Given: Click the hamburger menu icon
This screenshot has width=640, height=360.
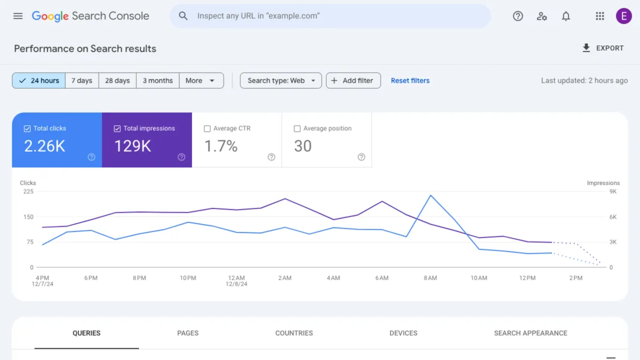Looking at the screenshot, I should (x=18, y=16).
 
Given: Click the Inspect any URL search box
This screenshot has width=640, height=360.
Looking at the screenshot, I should (x=331, y=16).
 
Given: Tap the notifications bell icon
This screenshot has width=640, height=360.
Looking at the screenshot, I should (x=566, y=16).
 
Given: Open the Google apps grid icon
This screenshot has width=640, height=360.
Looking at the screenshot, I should (x=599, y=16).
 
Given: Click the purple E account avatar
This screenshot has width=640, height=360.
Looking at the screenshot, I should (x=623, y=16).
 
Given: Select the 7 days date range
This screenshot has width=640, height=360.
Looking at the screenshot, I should (x=82, y=81).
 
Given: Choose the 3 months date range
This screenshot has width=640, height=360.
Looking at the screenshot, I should (x=158, y=81).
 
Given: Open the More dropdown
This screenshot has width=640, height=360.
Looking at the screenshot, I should (x=201, y=81).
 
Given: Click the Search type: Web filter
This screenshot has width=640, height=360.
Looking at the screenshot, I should (x=281, y=81).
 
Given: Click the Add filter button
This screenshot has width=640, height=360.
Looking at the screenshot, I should (x=353, y=81).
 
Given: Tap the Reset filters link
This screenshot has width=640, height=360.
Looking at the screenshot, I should (x=410, y=81).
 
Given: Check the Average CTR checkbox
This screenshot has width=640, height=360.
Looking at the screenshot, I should (x=207, y=129).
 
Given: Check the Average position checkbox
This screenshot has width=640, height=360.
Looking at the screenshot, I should (x=298, y=129).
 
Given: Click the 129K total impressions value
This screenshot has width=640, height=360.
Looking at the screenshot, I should (x=133, y=146).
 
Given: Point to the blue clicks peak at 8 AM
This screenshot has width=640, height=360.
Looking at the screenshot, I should (x=430, y=195).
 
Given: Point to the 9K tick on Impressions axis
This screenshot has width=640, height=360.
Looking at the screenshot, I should (x=613, y=191).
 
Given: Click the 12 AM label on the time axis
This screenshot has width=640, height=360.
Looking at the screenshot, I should (x=236, y=278).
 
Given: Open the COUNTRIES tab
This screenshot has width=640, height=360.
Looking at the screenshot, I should (x=294, y=333).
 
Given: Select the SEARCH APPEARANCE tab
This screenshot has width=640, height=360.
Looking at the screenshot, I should (x=530, y=333).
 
